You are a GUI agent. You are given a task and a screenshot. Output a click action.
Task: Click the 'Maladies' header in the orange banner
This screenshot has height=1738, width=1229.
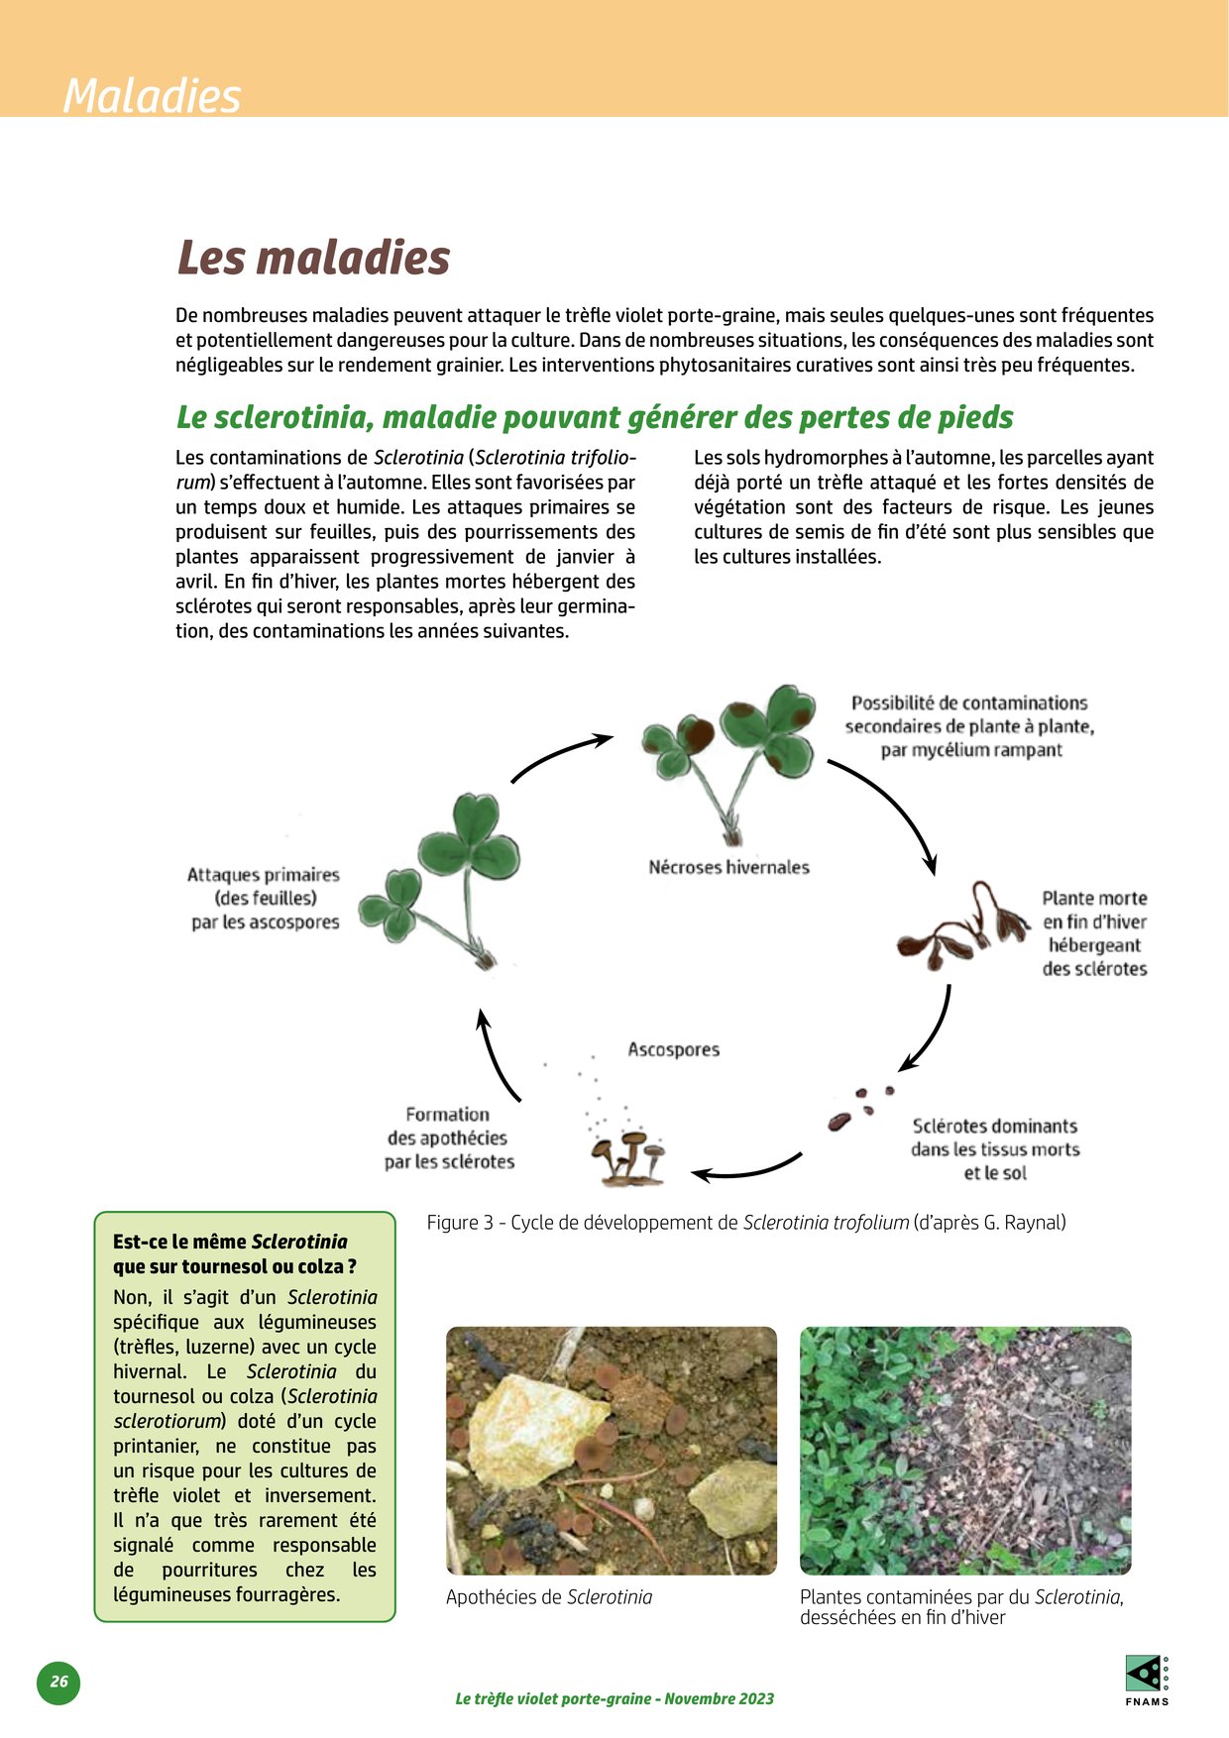coord(152,96)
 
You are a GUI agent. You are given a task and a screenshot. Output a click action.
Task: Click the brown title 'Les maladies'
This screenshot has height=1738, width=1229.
coord(313,258)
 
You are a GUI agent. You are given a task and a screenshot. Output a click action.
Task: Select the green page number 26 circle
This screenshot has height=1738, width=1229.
coord(58,1682)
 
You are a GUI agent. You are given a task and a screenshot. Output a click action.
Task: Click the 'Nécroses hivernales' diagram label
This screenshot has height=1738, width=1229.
coord(728,867)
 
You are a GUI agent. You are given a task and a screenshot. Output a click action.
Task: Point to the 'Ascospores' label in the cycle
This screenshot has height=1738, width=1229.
coord(673,1049)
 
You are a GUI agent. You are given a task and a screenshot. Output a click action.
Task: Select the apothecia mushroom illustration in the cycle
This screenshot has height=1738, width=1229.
coord(627,1156)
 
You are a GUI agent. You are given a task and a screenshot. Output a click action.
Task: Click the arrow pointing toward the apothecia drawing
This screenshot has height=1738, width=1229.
coord(745,1169)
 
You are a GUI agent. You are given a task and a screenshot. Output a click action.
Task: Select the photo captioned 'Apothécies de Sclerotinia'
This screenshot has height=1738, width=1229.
coord(612,1450)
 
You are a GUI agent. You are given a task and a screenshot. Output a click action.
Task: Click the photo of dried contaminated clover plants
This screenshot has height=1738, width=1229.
coord(964,1450)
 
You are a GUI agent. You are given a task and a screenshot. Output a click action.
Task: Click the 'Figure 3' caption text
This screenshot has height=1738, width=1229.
coord(745,1223)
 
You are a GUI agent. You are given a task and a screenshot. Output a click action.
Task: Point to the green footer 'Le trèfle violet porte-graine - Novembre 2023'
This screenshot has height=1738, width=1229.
coord(614,1698)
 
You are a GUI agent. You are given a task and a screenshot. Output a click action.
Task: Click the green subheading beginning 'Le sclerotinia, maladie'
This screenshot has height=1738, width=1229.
coord(595,417)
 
